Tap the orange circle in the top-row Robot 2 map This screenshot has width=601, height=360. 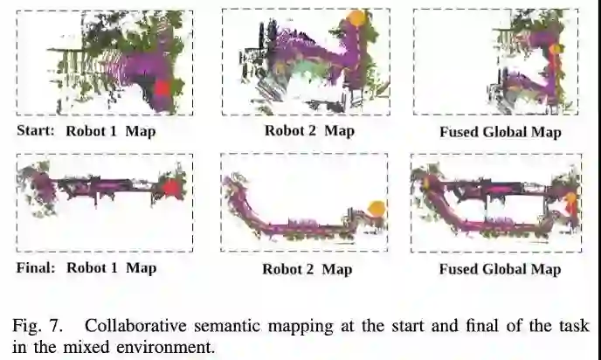pos(356,17)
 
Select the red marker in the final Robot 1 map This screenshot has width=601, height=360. pos(171,188)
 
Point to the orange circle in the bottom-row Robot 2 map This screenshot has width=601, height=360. pos(377,208)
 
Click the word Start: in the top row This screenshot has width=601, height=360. pos(36,131)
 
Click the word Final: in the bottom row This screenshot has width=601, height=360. pos(36,267)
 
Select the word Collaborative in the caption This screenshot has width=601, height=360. pos(130,326)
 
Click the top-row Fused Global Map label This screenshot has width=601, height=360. pos(500,133)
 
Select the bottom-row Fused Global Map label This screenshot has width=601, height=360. pos(500,269)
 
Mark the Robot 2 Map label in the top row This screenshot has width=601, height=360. pos(309,131)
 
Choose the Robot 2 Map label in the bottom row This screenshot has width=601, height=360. pos(307,269)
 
